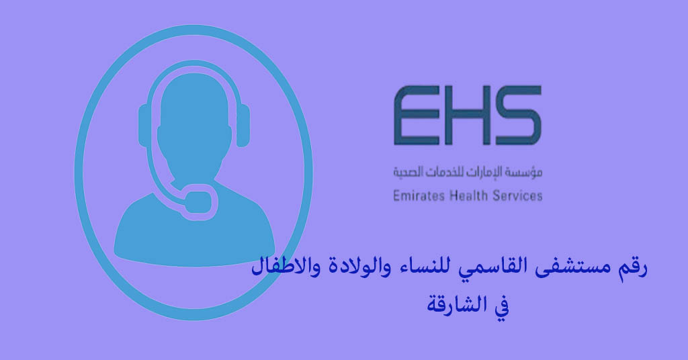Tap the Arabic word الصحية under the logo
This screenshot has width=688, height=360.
point(408,173)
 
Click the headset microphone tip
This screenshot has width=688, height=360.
point(199,199)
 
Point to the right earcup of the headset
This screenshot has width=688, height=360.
point(243,128)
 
